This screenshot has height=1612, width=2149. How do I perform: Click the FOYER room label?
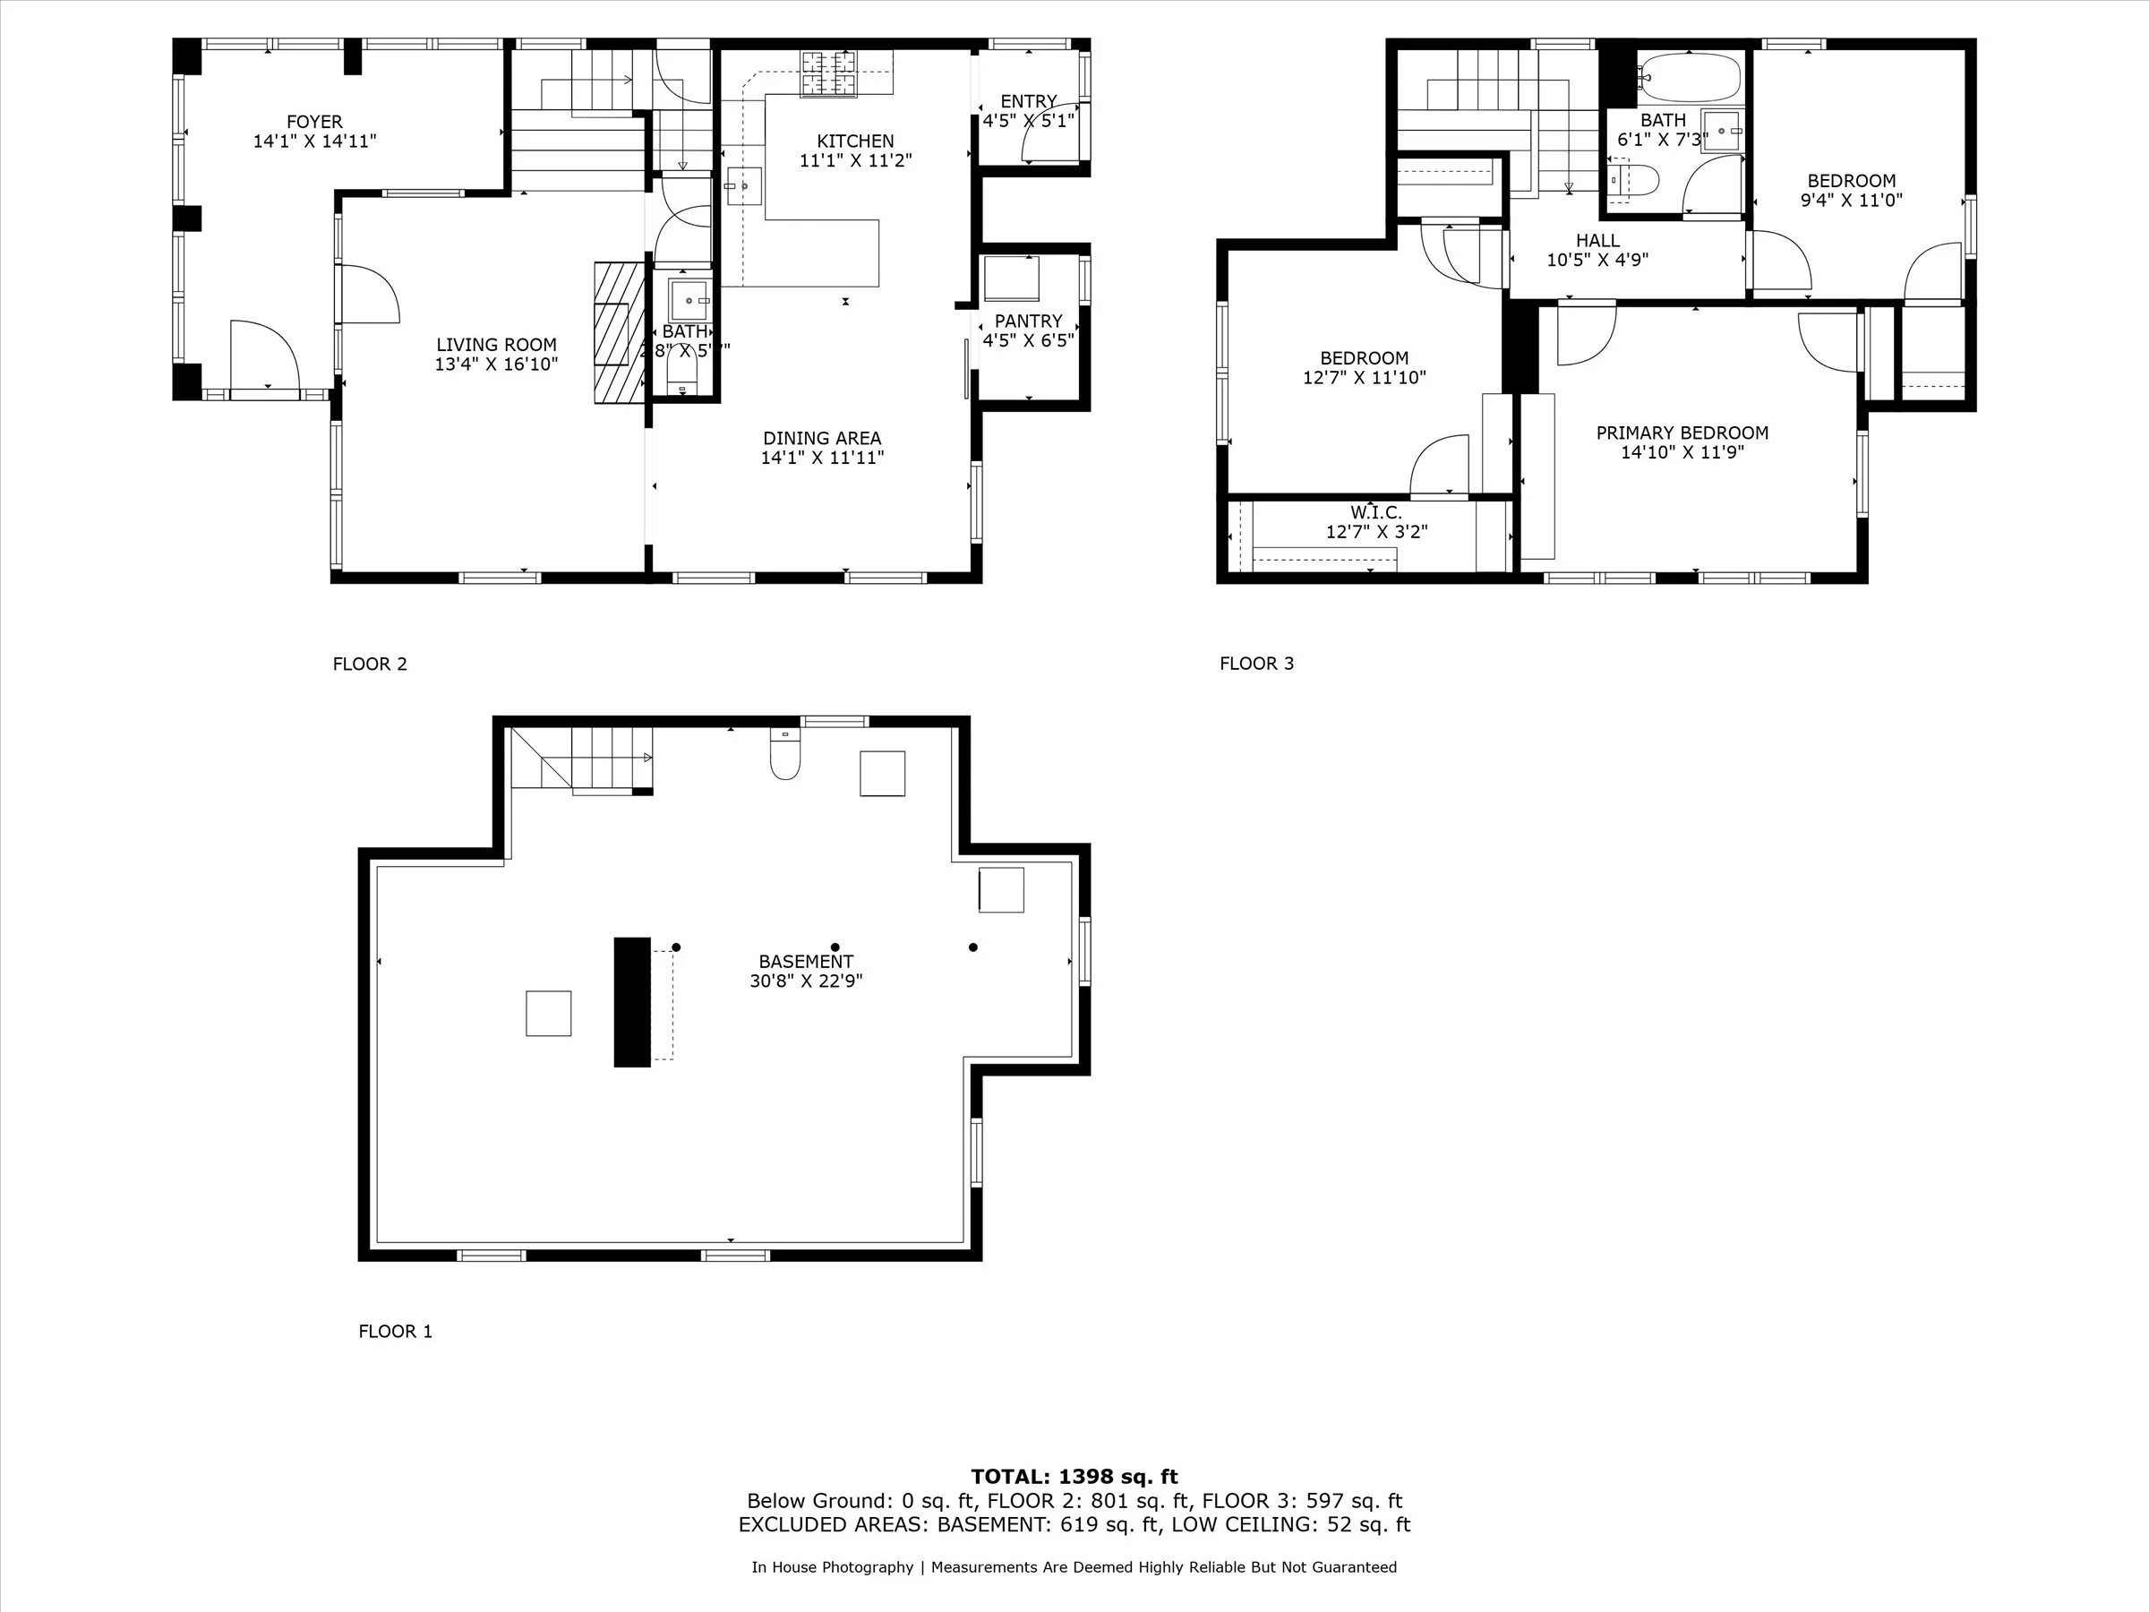313,123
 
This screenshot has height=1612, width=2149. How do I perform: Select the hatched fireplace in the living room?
620,332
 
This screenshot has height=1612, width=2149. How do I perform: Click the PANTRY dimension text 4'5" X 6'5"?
1028,341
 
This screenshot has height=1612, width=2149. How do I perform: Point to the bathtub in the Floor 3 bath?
1689,77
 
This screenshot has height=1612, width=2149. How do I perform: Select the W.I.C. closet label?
1375,512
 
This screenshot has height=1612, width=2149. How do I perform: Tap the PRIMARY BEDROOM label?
1682,433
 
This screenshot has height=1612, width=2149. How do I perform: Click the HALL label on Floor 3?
1597,241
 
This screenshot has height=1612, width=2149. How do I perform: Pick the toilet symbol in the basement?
785,757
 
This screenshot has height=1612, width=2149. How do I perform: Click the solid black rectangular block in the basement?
631,1002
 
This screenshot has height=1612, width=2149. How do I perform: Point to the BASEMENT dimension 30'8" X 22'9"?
805,982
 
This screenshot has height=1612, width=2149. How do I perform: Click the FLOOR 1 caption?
396,1331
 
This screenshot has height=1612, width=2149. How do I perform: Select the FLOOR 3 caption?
1256,664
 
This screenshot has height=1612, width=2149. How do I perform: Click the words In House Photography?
832,1567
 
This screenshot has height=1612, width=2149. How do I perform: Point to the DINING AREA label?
822,438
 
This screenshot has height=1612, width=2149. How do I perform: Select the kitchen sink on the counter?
744,184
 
